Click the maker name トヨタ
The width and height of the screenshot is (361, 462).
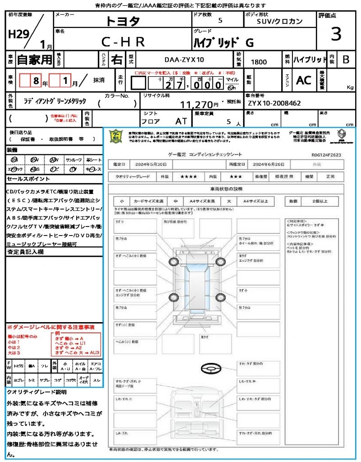pyautogui.click(x=123, y=21)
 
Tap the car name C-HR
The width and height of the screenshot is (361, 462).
pyautogui.click(x=122, y=42)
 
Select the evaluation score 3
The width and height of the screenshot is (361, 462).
pyautogui.click(x=336, y=34)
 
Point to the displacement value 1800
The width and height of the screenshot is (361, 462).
pyautogui.click(x=259, y=62)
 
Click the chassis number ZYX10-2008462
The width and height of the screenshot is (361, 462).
pyautogui.click(x=274, y=103)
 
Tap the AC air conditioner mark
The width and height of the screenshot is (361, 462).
pyautogui.click(x=304, y=80)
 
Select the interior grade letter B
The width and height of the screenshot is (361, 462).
pyautogui.click(x=346, y=60)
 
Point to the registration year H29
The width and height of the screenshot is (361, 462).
pyautogui.click(x=18, y=35)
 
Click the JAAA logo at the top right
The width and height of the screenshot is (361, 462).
pyautogui.click(x=342, y=135)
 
